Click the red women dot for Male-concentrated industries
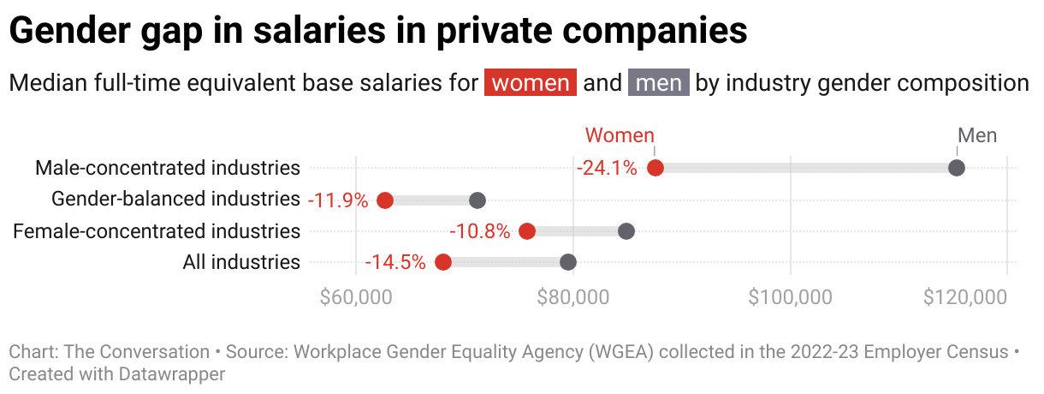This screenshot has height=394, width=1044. point(655,168)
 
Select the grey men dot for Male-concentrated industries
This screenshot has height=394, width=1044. point(957,168)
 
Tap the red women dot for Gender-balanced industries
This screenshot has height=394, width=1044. point(385,200)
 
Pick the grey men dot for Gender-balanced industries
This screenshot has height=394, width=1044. point(478,200)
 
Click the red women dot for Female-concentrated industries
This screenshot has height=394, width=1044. point(527,231)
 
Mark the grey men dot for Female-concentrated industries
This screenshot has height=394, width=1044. point(626,231)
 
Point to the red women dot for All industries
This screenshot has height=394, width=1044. point(443,262)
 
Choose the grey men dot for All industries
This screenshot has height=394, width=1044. point(568,262)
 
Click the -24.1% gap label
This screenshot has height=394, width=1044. point(608,169)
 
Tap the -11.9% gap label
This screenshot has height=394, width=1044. point(338,201)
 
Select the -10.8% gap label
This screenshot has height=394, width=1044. point(480,232)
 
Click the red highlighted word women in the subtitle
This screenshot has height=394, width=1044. point(531,83)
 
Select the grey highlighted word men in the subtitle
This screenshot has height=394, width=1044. point(659,83)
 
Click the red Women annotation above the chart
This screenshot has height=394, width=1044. point(620,135)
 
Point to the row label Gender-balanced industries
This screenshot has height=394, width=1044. point(175,200)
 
